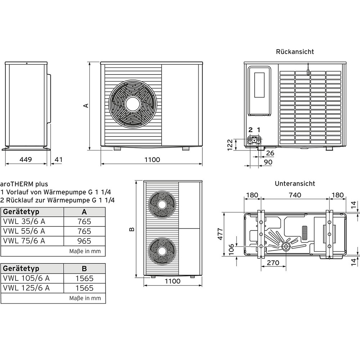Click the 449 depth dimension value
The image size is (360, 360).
[x=26, y=159]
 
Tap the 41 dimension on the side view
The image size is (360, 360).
[x=59, y=159]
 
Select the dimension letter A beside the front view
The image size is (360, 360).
[x=86, y=105]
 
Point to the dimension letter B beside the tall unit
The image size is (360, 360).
[x=132, y=229]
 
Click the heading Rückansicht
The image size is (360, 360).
[x=295, y=51]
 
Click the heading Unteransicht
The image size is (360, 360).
[x=295, y=184]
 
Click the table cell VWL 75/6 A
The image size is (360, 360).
[x=24, y=241]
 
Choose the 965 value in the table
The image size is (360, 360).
[x=84, y=241]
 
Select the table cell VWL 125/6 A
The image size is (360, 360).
[x=26, y=288]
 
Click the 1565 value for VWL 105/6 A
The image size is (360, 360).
[x=84, y=278]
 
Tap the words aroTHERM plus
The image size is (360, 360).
[x=24, y=184]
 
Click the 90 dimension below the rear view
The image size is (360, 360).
[x=268, y=162]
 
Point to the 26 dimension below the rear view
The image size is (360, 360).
[x=270, y=153]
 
